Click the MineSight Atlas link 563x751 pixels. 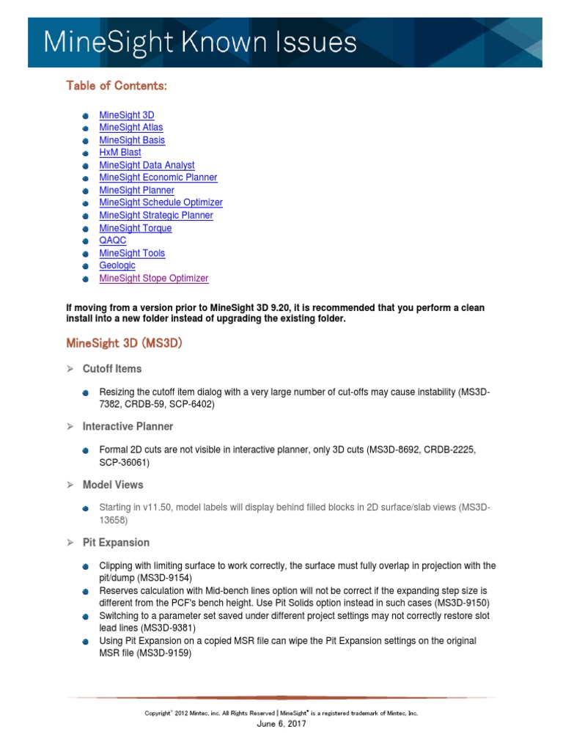click(x=130, y=128)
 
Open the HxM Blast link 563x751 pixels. click(x=120, y=153)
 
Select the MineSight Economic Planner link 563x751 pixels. click(x=158, y=177)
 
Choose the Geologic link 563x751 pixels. click(x=117, y=265)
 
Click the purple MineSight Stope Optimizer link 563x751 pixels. click(x=154, y=279)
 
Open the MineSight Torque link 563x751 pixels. click(x=136, y=228)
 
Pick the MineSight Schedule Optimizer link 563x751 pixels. click(x=161, y=202)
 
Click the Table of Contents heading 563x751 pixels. click(x=117, y=86)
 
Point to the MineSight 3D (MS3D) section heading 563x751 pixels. click(x=124, y=343)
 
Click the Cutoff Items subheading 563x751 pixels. click(x=112, y=369)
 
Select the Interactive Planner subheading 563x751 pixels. click(x=128, y=427)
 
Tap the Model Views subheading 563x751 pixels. click(x=113, y=485)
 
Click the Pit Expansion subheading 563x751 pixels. click(x=116, y=543)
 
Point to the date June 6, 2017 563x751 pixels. click(x=281, y=724)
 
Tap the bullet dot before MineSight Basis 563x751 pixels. click(x=86, y=141)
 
